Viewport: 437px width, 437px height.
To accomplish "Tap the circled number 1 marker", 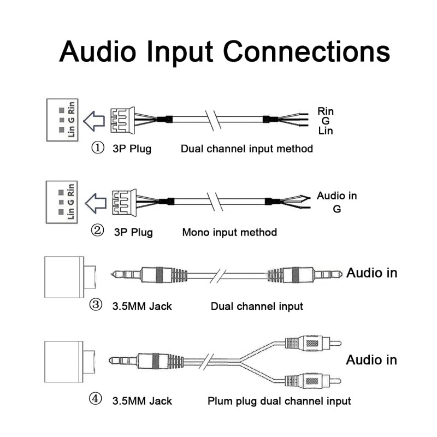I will point(97,148).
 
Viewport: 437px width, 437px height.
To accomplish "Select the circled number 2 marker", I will point(97,231).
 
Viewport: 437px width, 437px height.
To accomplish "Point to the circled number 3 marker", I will point(96,305).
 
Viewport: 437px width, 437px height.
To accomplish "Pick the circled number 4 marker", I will point(96,400).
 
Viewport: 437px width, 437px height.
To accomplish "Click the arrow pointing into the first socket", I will point(97,119).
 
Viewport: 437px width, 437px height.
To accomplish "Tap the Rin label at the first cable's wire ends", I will point(326,111).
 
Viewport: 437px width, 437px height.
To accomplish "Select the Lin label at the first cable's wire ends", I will point(326,131).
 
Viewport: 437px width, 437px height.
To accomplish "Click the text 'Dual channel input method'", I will point(247,149).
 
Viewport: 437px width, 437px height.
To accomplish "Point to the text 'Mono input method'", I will point(229,232).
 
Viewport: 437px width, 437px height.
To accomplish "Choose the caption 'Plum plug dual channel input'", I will point(279,401).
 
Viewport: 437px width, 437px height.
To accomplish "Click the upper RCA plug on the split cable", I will point(314,344).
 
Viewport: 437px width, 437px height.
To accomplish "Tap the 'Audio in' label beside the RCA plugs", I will point(371,360).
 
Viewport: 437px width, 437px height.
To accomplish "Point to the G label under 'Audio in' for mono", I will point(336,209).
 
